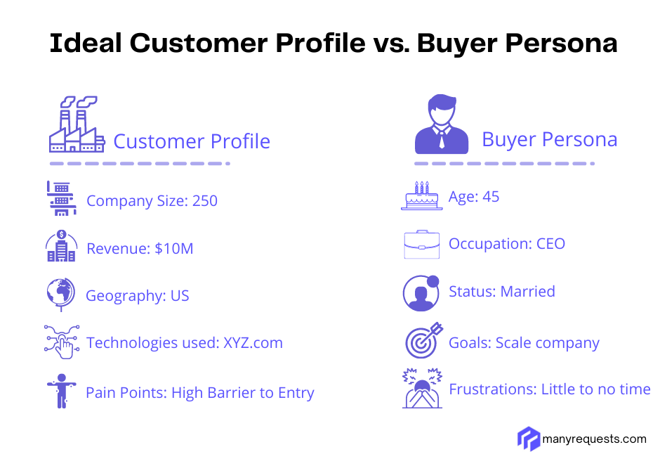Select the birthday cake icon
(421, 195)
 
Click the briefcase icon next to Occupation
(421, 244)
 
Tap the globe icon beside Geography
(61, 294)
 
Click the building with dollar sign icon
(61, 246)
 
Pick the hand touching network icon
(61, 342)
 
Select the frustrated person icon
(421, 388)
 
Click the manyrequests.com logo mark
(528, 439)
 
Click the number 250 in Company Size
(204, 201)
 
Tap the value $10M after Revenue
(174, 248)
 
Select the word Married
(527, 292)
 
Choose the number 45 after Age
(491, 197)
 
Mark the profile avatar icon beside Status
(421, 292)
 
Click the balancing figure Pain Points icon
(61, 391)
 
